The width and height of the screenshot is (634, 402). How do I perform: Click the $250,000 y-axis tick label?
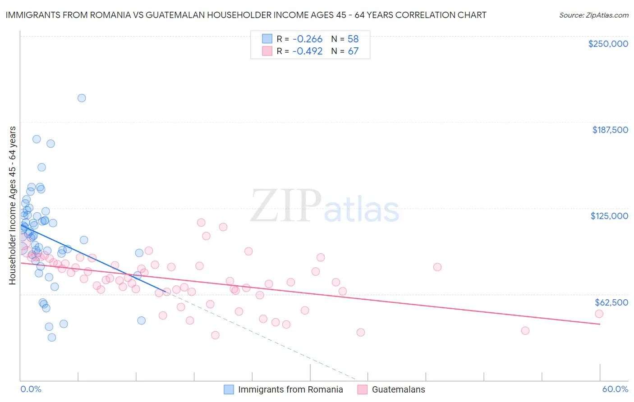pyautogui.click(x=608, y=44)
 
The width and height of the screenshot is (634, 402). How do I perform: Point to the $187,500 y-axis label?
pyautogui.click(x=610, y=130)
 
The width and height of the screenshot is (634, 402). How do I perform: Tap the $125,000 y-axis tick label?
pyautogui.click(x=609, y=216)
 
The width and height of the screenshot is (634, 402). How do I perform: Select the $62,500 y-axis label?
pyautogui.click(x=611, y=302)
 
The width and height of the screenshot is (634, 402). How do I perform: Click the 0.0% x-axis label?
pyautogui.click(x=31, y=389)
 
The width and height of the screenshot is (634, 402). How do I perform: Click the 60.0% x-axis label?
pyautogui.click(x=615, y=389)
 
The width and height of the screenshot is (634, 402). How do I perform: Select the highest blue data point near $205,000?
pyautogui.click(x=82, y=98)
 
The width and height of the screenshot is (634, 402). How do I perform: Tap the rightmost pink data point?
pyautogui.click(x=599, y=314)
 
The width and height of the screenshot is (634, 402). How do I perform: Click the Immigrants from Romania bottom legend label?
pyautogui.click(x=290, y=389)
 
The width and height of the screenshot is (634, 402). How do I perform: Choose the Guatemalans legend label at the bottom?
pyautogui.click(x=398, y=389)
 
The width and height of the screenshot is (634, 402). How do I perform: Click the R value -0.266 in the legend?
pyautogui.click(x=307, y=39)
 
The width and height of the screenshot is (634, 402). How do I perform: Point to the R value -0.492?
pyautogui.click(x=307, y=51)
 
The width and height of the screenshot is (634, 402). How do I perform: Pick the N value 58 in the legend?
pyautogui.click(x=353, y=39)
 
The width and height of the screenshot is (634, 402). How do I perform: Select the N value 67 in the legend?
pyautogui.click(x=353, y=51)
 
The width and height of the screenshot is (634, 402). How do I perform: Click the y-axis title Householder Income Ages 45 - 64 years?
pyautogui.click(x=13, y=206)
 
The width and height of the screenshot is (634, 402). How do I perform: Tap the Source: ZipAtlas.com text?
pyautogui.click(x=593, y=15)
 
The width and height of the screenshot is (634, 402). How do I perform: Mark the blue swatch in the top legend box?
pyautogui.click(x=267, y=39)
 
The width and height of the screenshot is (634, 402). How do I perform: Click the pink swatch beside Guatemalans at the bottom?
pyautogui.click(x=362, y=389)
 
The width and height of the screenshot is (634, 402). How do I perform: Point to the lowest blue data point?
pyautogui.click(x=52, y=338)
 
